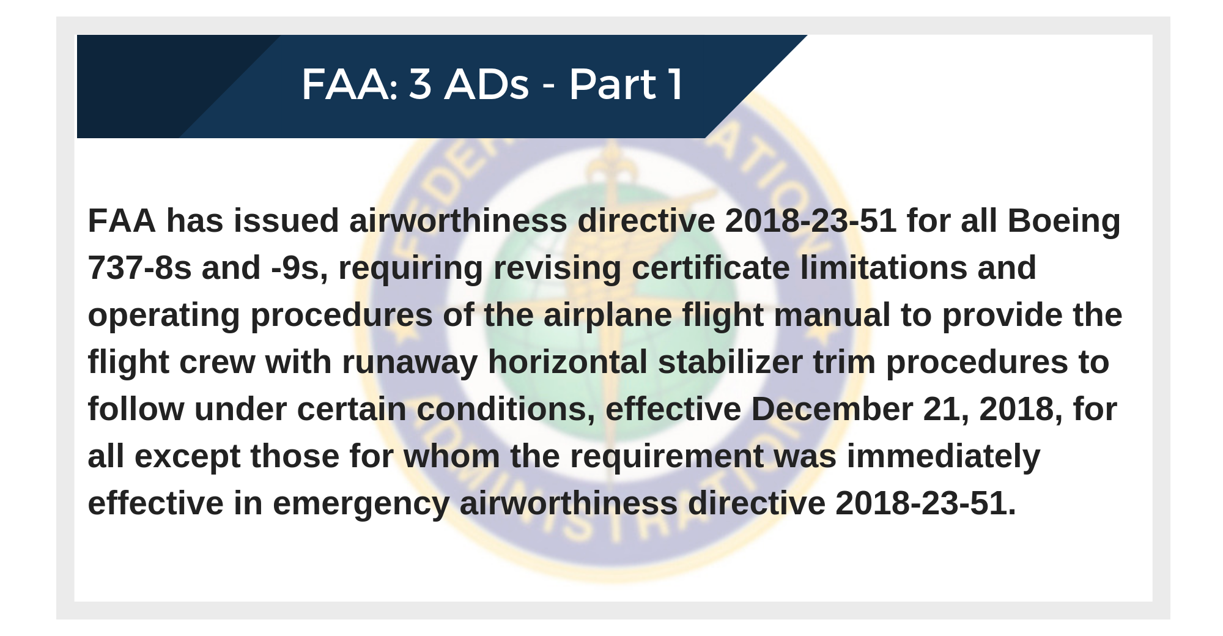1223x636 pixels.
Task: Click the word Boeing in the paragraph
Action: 1064,221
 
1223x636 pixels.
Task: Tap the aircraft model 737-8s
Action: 140,268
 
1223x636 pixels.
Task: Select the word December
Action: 832,409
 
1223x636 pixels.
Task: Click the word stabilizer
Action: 730,362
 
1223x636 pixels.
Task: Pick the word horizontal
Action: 567,362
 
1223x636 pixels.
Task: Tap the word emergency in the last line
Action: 361,505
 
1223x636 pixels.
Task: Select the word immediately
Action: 944,457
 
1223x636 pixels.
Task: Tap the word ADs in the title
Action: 487,84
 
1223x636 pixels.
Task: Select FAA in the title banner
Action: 344,84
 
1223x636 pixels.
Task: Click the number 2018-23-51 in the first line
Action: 811,221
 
